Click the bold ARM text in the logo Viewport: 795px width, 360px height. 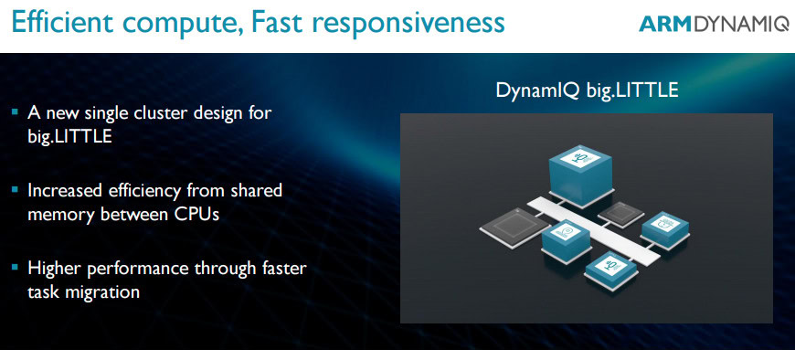click(x=666, y=25)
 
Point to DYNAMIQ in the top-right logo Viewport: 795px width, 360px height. click(x=741, y=25)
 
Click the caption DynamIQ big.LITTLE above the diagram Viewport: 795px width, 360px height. click(x=587, y=90)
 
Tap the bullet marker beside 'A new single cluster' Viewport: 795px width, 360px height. click(x=15, y=111)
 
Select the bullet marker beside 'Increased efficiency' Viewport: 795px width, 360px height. click(x=15, y=190)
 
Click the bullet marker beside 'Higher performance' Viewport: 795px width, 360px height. click(x=15, y=267)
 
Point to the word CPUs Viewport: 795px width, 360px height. click(x=196, y=214)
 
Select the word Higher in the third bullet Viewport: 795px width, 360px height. click(x=54, y=268)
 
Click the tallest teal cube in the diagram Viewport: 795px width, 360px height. click(x=580, y=175)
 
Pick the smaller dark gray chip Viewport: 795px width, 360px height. click(x=621, y=214)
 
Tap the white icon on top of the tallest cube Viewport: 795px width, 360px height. click(x=580, y=156)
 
